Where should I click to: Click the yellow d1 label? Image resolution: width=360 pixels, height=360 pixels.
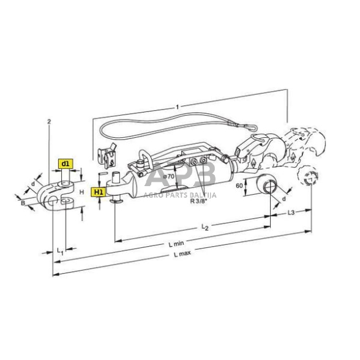coord(65,163)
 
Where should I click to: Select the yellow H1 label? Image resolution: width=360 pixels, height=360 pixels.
coord(98,192)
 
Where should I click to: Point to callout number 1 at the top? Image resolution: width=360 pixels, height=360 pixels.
coord(177,107)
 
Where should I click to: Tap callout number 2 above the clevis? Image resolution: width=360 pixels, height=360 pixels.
coord(48,121)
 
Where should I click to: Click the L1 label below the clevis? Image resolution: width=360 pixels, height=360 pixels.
coord(59,252)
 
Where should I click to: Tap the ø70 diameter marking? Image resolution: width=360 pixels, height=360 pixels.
coord(168,176)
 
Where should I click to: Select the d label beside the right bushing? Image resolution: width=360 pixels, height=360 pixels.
coord(283,198)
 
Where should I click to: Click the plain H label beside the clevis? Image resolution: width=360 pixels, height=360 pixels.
coord(82,191)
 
